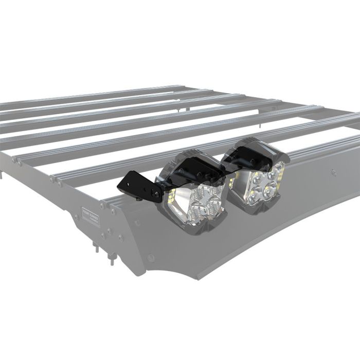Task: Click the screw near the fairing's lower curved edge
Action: coord(149,257)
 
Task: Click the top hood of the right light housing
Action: coord(252,147)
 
